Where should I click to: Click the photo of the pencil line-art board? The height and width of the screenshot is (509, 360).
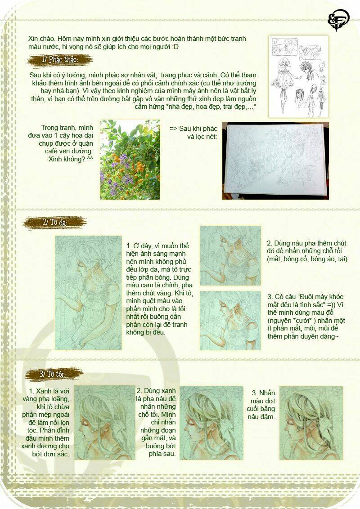[275, 161]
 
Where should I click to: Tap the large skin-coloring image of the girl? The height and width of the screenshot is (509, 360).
[88, 293]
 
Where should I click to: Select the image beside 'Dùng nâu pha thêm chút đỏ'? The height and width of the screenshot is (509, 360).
[230, 255]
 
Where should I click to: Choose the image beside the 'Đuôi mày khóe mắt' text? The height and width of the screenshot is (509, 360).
[230, 321]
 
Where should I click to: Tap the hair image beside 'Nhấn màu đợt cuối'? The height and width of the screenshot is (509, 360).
[310, 423]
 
